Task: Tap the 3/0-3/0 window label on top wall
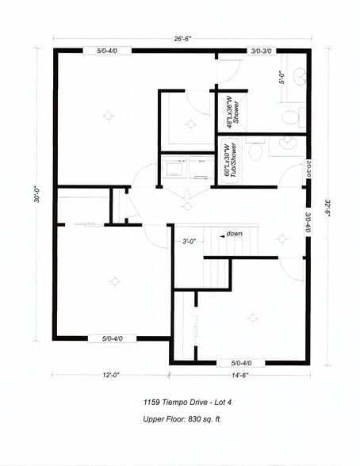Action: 261,51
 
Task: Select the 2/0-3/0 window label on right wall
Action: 308,170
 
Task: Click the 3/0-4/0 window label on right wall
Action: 308,218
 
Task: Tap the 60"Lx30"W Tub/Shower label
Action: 229,160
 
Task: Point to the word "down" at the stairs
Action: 234,234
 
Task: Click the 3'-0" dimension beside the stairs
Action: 189,241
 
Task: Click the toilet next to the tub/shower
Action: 255,151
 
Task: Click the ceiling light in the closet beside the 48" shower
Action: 190,124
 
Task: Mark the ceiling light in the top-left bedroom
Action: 108,116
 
